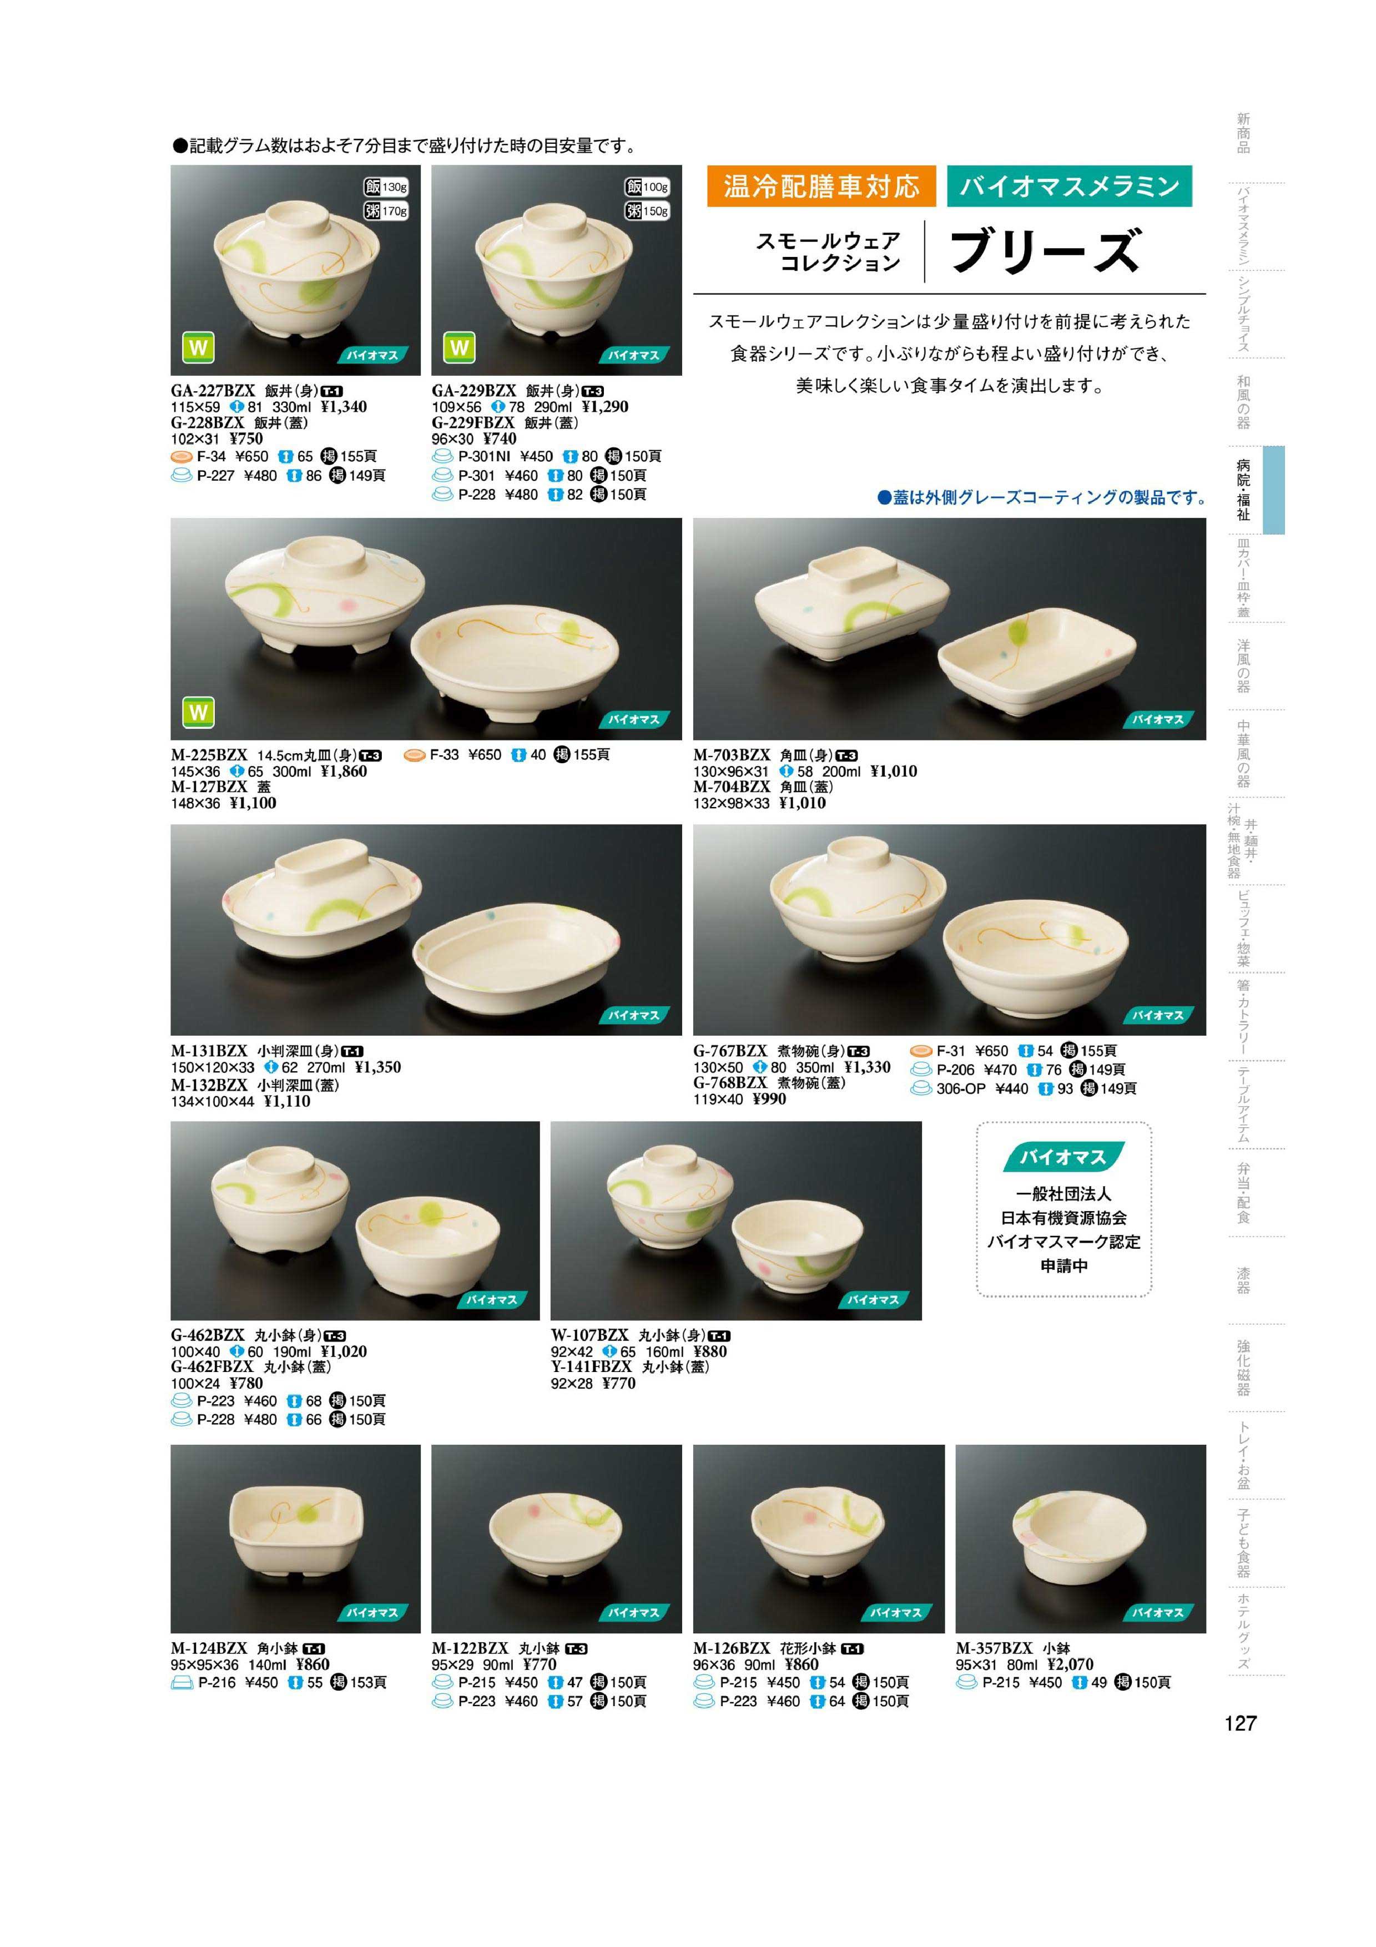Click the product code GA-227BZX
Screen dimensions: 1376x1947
tap(213, 391)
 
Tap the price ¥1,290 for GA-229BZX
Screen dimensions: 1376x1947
tap(606, 407)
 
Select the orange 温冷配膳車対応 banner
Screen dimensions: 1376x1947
tap(821, 186)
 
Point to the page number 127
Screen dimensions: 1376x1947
tap(1241, 1723)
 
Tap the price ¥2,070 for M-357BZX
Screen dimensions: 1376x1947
tap(1070, 1664)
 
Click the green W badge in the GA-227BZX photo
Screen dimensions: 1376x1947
tap(198, 347)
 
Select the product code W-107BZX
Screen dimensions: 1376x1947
tap(590, 1335)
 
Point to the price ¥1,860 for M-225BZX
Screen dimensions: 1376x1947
tap(344, 771)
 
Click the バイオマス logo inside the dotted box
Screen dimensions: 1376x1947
tap(1064, 1158)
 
